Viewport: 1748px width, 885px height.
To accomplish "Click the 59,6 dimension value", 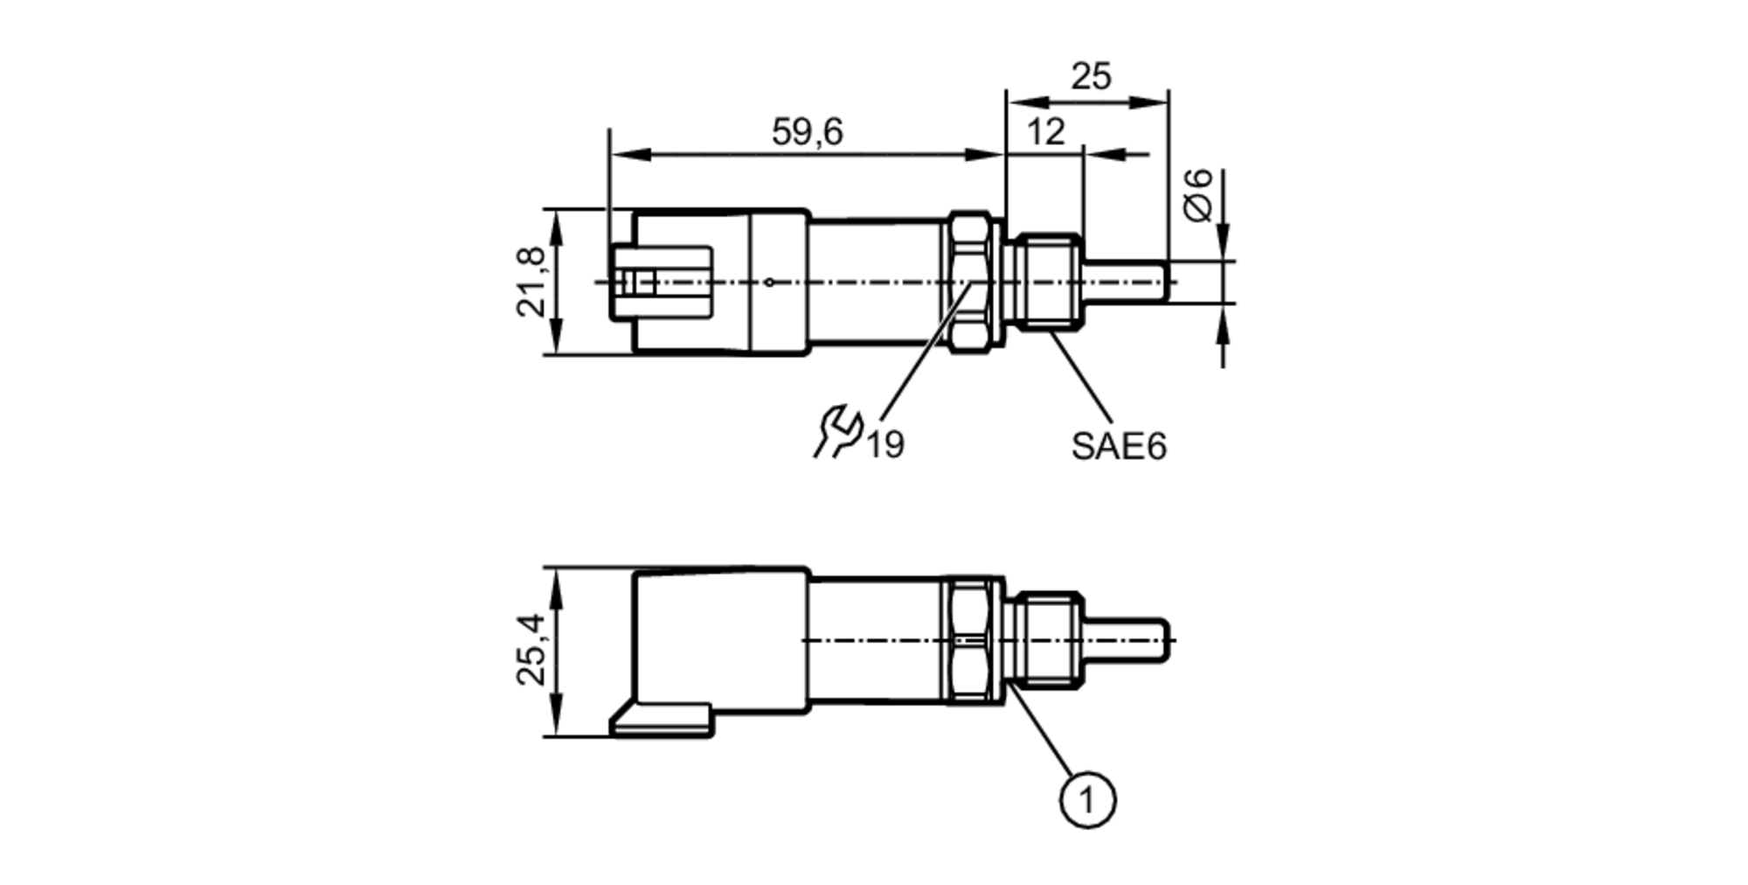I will (x=807, y=133).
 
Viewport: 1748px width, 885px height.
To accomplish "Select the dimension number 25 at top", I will (x=1091, y=77).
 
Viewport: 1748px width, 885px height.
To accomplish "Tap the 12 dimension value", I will (x=1045, y=133).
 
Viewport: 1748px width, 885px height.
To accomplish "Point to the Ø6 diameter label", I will (x=1199, y=194).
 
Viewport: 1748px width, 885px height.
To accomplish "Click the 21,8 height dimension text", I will (x=531, y=282).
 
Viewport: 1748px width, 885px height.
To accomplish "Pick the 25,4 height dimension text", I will (x=531, y=650).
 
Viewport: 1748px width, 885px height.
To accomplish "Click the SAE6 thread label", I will (x=1119, y=447).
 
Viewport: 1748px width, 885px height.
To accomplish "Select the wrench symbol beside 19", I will (x=837, y=431).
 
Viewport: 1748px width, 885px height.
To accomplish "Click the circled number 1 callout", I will (x=1087, y=799).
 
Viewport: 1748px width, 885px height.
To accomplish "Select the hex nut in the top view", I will (x=970, y=282).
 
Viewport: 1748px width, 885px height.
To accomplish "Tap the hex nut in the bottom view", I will (x=970, y=640).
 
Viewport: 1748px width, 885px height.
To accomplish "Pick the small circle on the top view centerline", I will (x=769, y=282).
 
